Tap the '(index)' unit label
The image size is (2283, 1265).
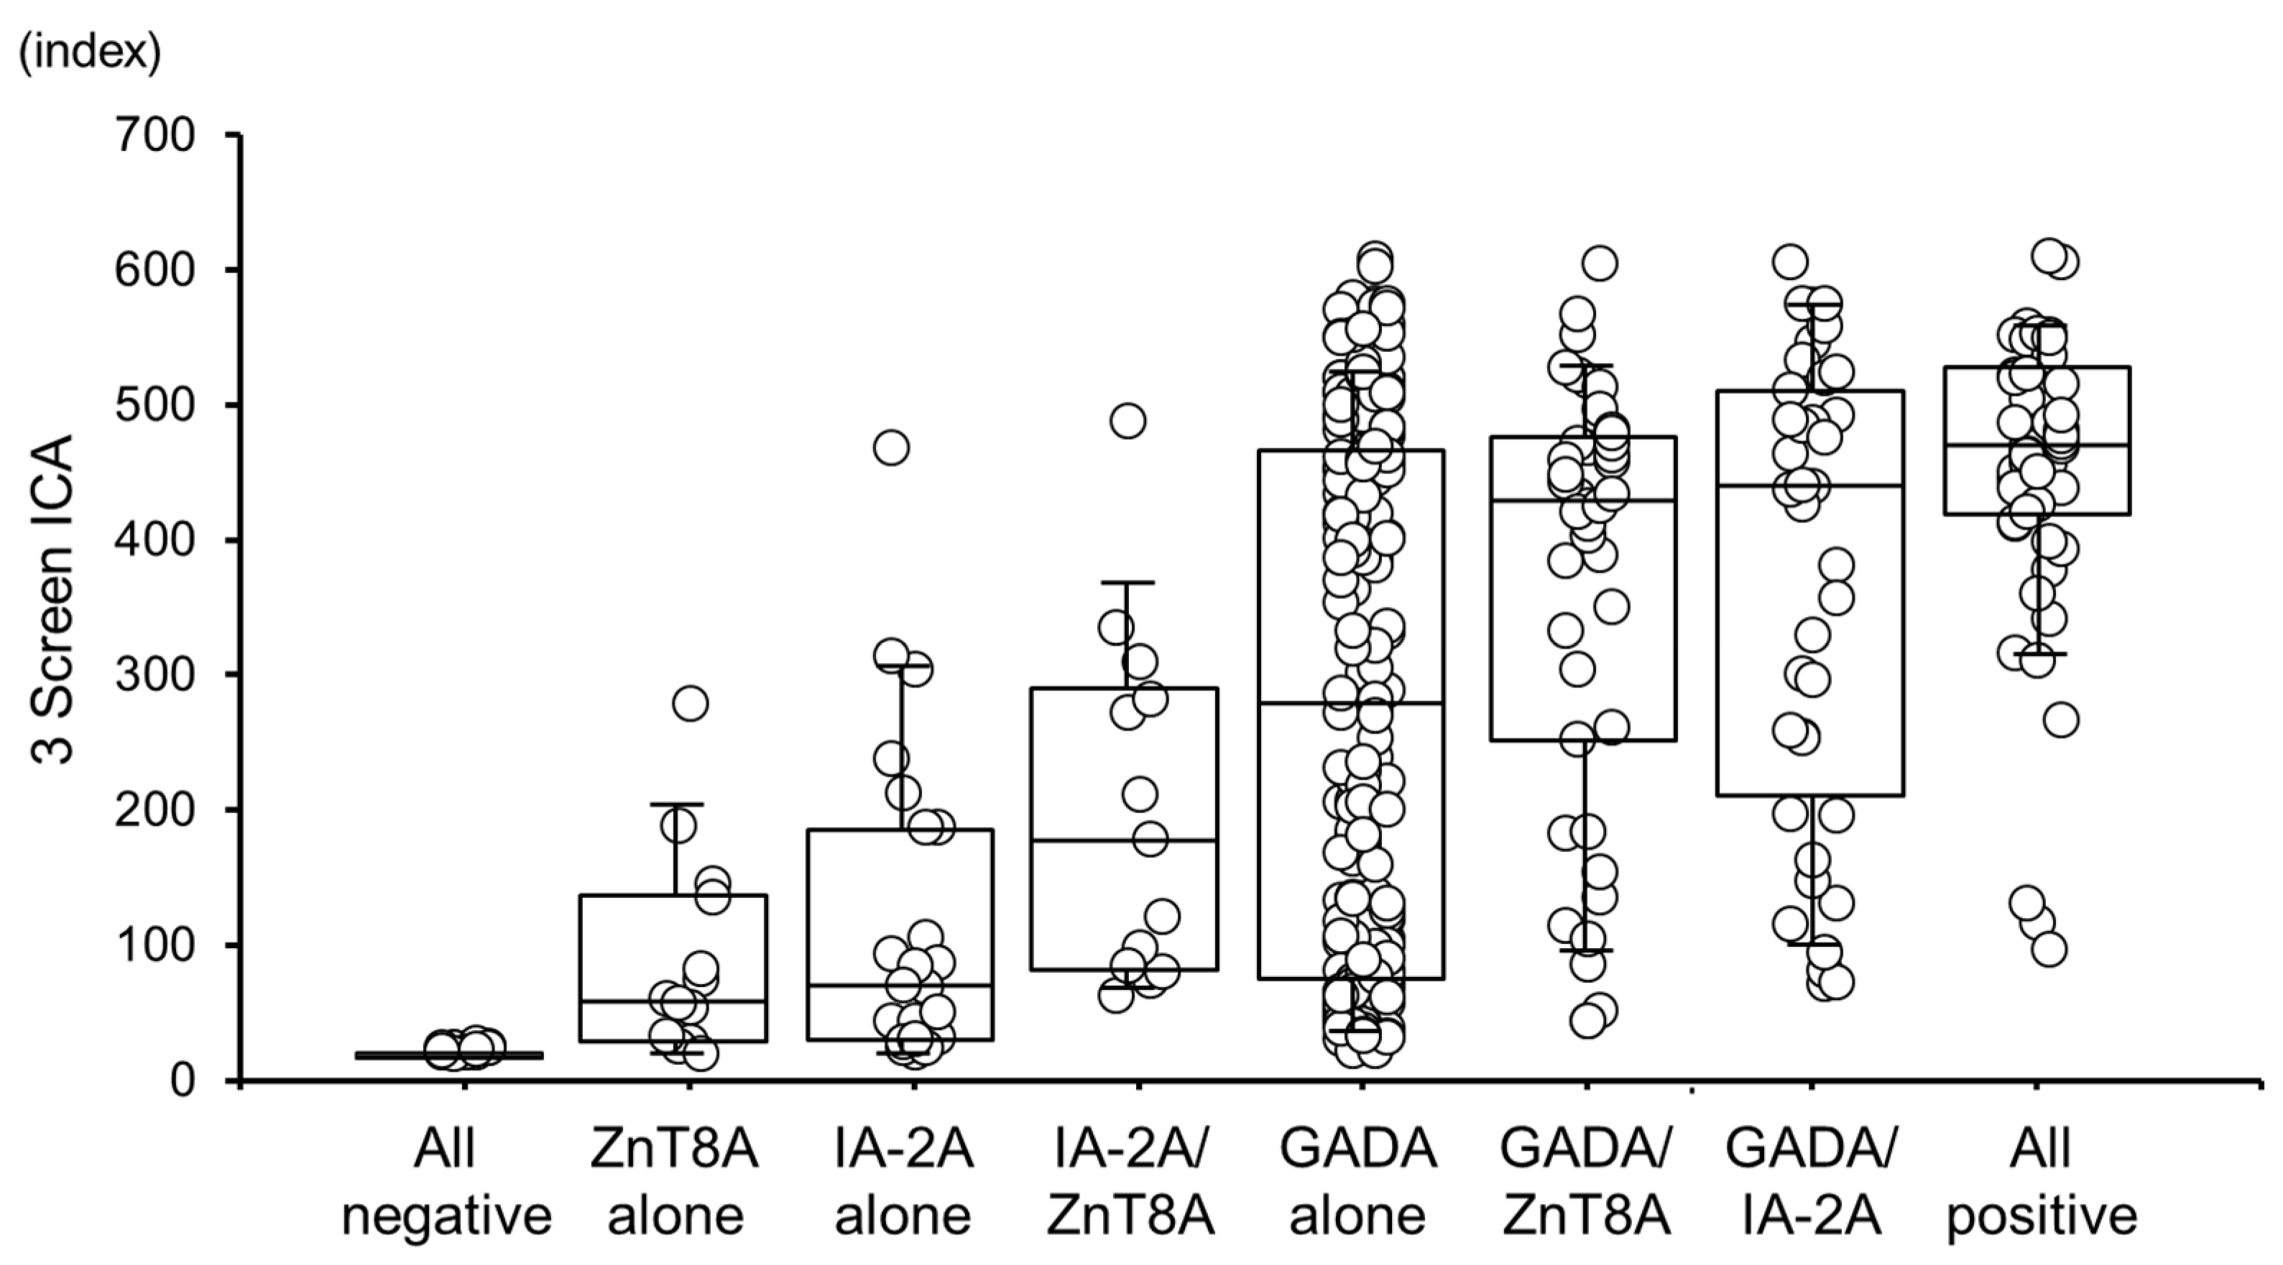[x=90, y=54]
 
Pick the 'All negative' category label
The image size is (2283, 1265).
[x=448, y=1182]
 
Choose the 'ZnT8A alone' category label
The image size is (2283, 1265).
[x=675, y=1182]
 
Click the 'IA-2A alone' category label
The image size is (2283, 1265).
[x=903, y=1182]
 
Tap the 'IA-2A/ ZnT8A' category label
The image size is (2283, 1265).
[x=1129, y=1182]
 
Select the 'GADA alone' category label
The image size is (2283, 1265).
[x=1357, y=1182]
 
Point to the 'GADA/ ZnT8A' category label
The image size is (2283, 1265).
[x=1585, y=1182]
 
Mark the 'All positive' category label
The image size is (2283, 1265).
[x=2041, y=1182]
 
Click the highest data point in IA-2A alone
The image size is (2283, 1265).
[x=890, y=448]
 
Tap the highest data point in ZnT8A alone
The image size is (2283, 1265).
[x=691, y=703]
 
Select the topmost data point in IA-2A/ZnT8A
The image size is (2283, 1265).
[x=1128, y=421]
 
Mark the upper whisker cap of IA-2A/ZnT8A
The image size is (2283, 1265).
[x=1128, y=583]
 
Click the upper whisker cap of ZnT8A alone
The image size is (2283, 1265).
[x=675, y=805]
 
